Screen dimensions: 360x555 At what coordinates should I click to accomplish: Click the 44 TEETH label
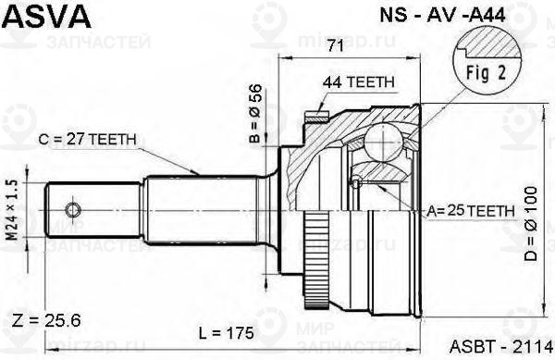point(359,81)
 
